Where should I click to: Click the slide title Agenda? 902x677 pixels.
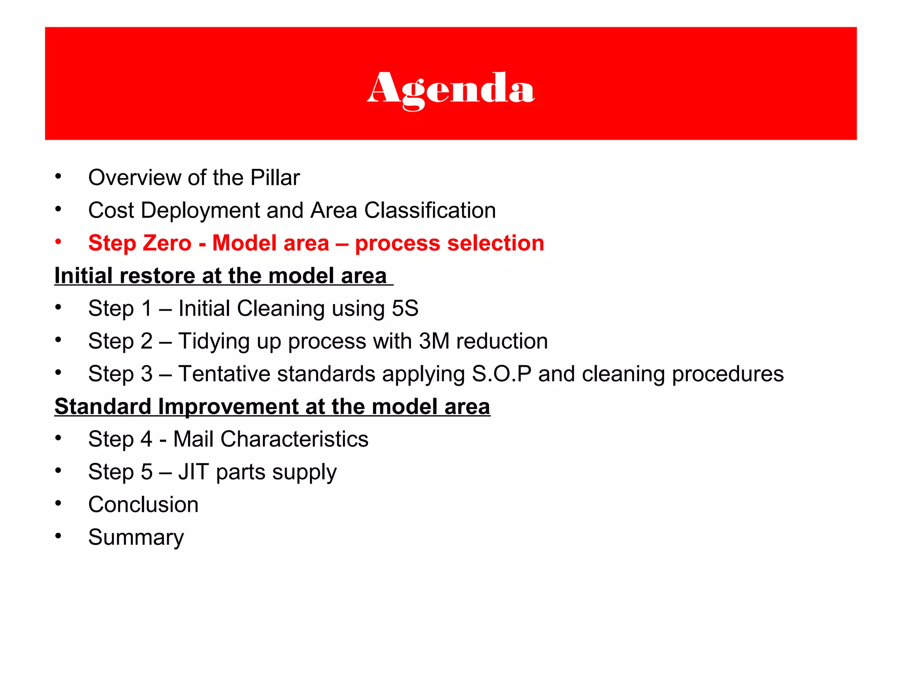451,88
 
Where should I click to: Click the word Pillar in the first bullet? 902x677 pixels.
275,178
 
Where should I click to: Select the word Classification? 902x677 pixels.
430,210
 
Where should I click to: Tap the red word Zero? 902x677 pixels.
166,243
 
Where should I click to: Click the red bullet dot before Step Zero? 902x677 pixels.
58,242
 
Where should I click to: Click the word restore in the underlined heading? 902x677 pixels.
157,276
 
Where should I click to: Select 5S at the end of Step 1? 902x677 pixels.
405,308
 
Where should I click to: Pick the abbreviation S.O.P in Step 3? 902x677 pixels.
502,374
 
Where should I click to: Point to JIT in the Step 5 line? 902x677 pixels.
193,472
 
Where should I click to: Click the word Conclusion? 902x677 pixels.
143,504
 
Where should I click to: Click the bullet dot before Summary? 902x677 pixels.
58,536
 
